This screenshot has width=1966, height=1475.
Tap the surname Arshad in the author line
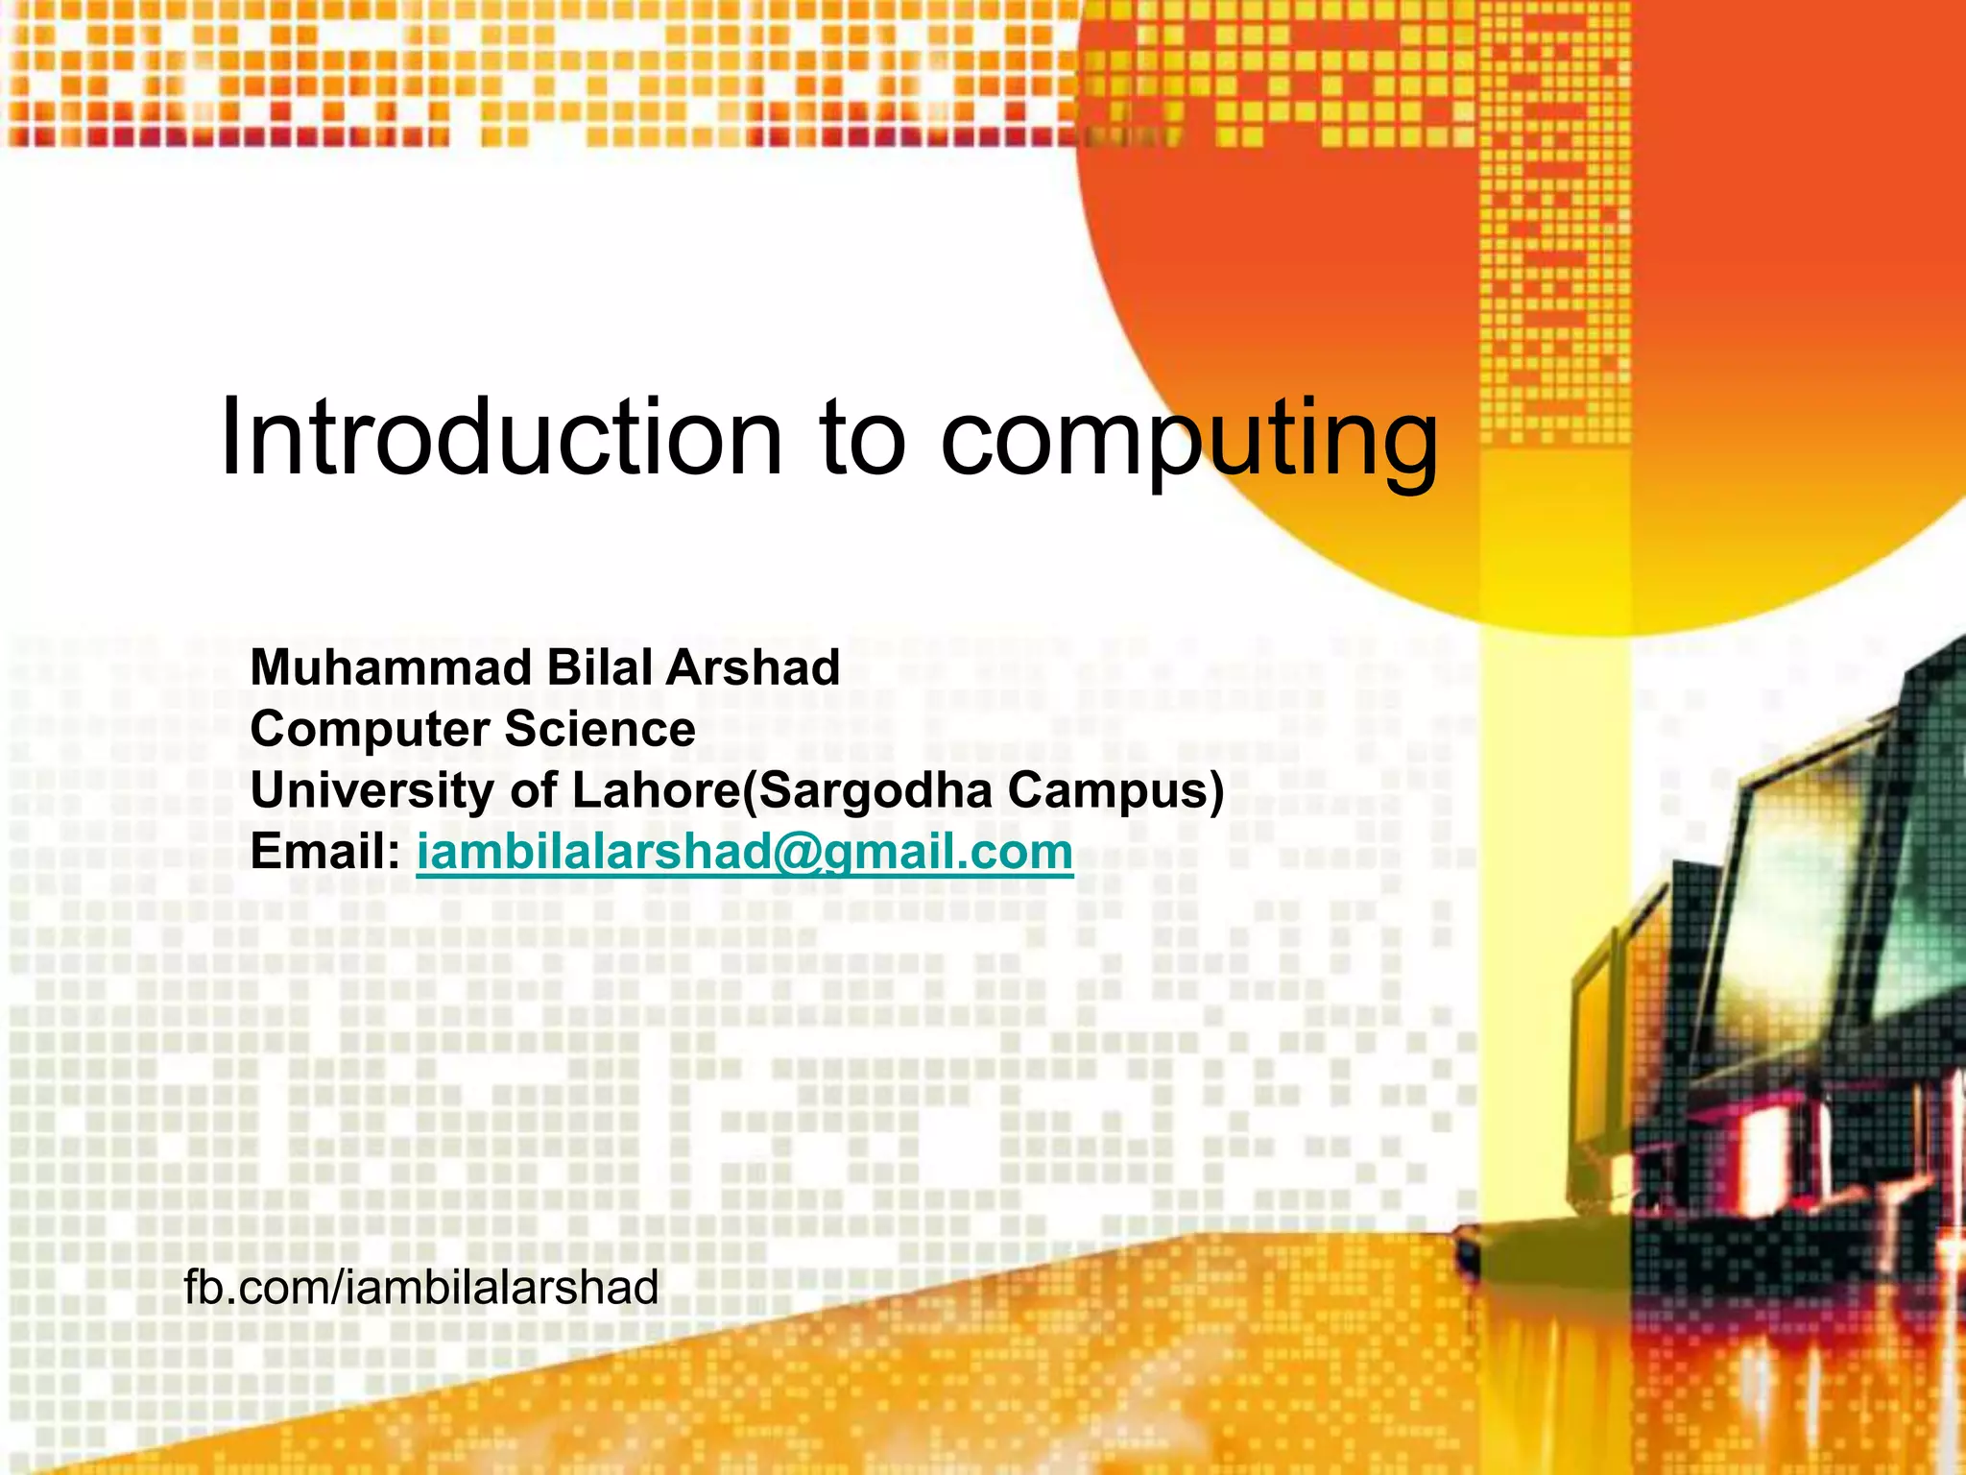tap(753, 667)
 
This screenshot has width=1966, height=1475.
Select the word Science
tap(601, 729)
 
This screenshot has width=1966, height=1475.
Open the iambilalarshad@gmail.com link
tap(744, 852)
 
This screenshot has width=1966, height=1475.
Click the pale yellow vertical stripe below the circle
tap(1555, 864)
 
